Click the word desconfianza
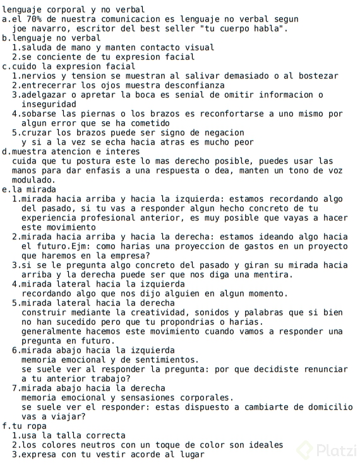[193, 85]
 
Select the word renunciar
[325, 369]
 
